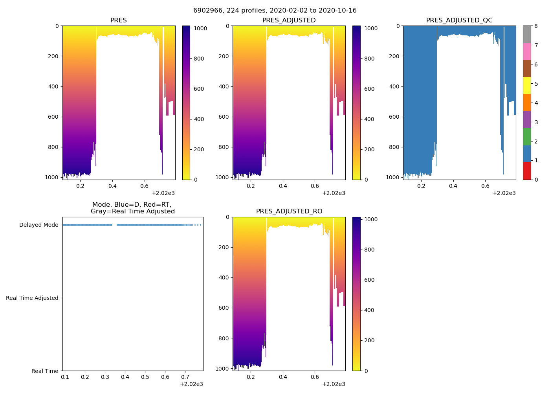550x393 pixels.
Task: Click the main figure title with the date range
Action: pyautogui.click(x=275, y=11)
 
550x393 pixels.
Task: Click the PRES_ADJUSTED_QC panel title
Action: pyautogui.click(x=459, y=20)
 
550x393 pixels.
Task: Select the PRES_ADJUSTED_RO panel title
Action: pyautogui.click(x=289, y=211)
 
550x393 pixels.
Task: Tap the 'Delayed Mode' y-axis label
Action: pyautogui.click(x=38, y=225)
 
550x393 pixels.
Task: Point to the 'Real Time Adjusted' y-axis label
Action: pyautogui.click(x=32, y=298)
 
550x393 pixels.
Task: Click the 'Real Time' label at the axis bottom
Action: pyautogui.click(x=45, y=371)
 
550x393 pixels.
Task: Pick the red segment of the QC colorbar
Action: pyautogui.click(x=527, y=171)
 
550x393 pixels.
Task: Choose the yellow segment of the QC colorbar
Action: pyautogui.click(x=527, y=85)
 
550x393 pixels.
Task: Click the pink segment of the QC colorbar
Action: pyautogui.click(x=527, y=51)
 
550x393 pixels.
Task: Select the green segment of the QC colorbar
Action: pyautogui.click(x=527, y=136)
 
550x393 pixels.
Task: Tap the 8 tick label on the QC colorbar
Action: pyautogui.click(x=536, y=26)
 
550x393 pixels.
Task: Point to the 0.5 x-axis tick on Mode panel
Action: pyautogui.click(x=145, y=377)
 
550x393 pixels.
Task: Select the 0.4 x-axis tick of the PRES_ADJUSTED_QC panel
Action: pyautogui.click(x=453, y=186)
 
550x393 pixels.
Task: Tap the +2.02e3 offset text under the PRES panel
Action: pyautogui.click(x=163, y=193)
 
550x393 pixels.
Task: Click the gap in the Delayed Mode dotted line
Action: pyautogui.click(x=114, y=225)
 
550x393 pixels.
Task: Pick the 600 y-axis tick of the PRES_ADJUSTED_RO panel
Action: pyautogui.click(x=224, y=308)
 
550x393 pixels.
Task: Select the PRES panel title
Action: pyautogui.click(x=118, y=20)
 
